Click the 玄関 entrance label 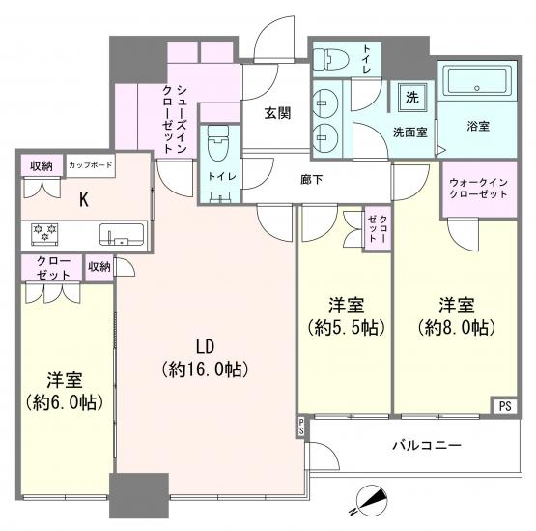(x=277, y=113)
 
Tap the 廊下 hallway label (x=311, y=179)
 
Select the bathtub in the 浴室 (x=477, y=81)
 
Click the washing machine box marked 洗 (x=412, y=98)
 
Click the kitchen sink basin (x=122, y=234)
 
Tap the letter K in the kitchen (x=84, y=200)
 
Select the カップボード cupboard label (x=91, y=165)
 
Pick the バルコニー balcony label (x=427, y=446)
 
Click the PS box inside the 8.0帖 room (x=505, y=406)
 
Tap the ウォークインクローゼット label (x=478, y=189)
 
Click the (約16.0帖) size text (x=205, y=369)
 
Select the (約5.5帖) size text (x=347, y=327)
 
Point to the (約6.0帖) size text (x=65, y=402)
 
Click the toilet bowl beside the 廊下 (x=217, y=144)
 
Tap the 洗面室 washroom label (x=410, y=132)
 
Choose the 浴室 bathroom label (x=478, y=126)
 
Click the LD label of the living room (x=205, y=346)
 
